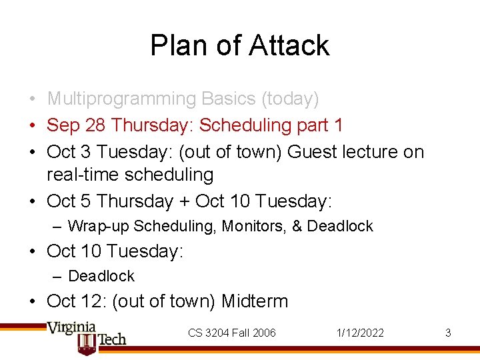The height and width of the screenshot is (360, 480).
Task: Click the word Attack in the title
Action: [289, 45]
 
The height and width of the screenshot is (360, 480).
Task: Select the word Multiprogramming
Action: [121, 99]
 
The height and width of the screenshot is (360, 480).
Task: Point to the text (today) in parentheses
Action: [290, 99]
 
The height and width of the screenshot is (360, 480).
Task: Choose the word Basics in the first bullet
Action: [228, 99]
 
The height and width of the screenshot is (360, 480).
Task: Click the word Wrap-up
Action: [99, 227]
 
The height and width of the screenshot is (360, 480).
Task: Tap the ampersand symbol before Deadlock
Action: [296, 227]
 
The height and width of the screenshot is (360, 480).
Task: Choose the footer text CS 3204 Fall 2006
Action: [231, 333]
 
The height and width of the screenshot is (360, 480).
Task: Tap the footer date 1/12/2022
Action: [361, 333]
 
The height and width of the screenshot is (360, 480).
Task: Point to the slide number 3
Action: [448, 333]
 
